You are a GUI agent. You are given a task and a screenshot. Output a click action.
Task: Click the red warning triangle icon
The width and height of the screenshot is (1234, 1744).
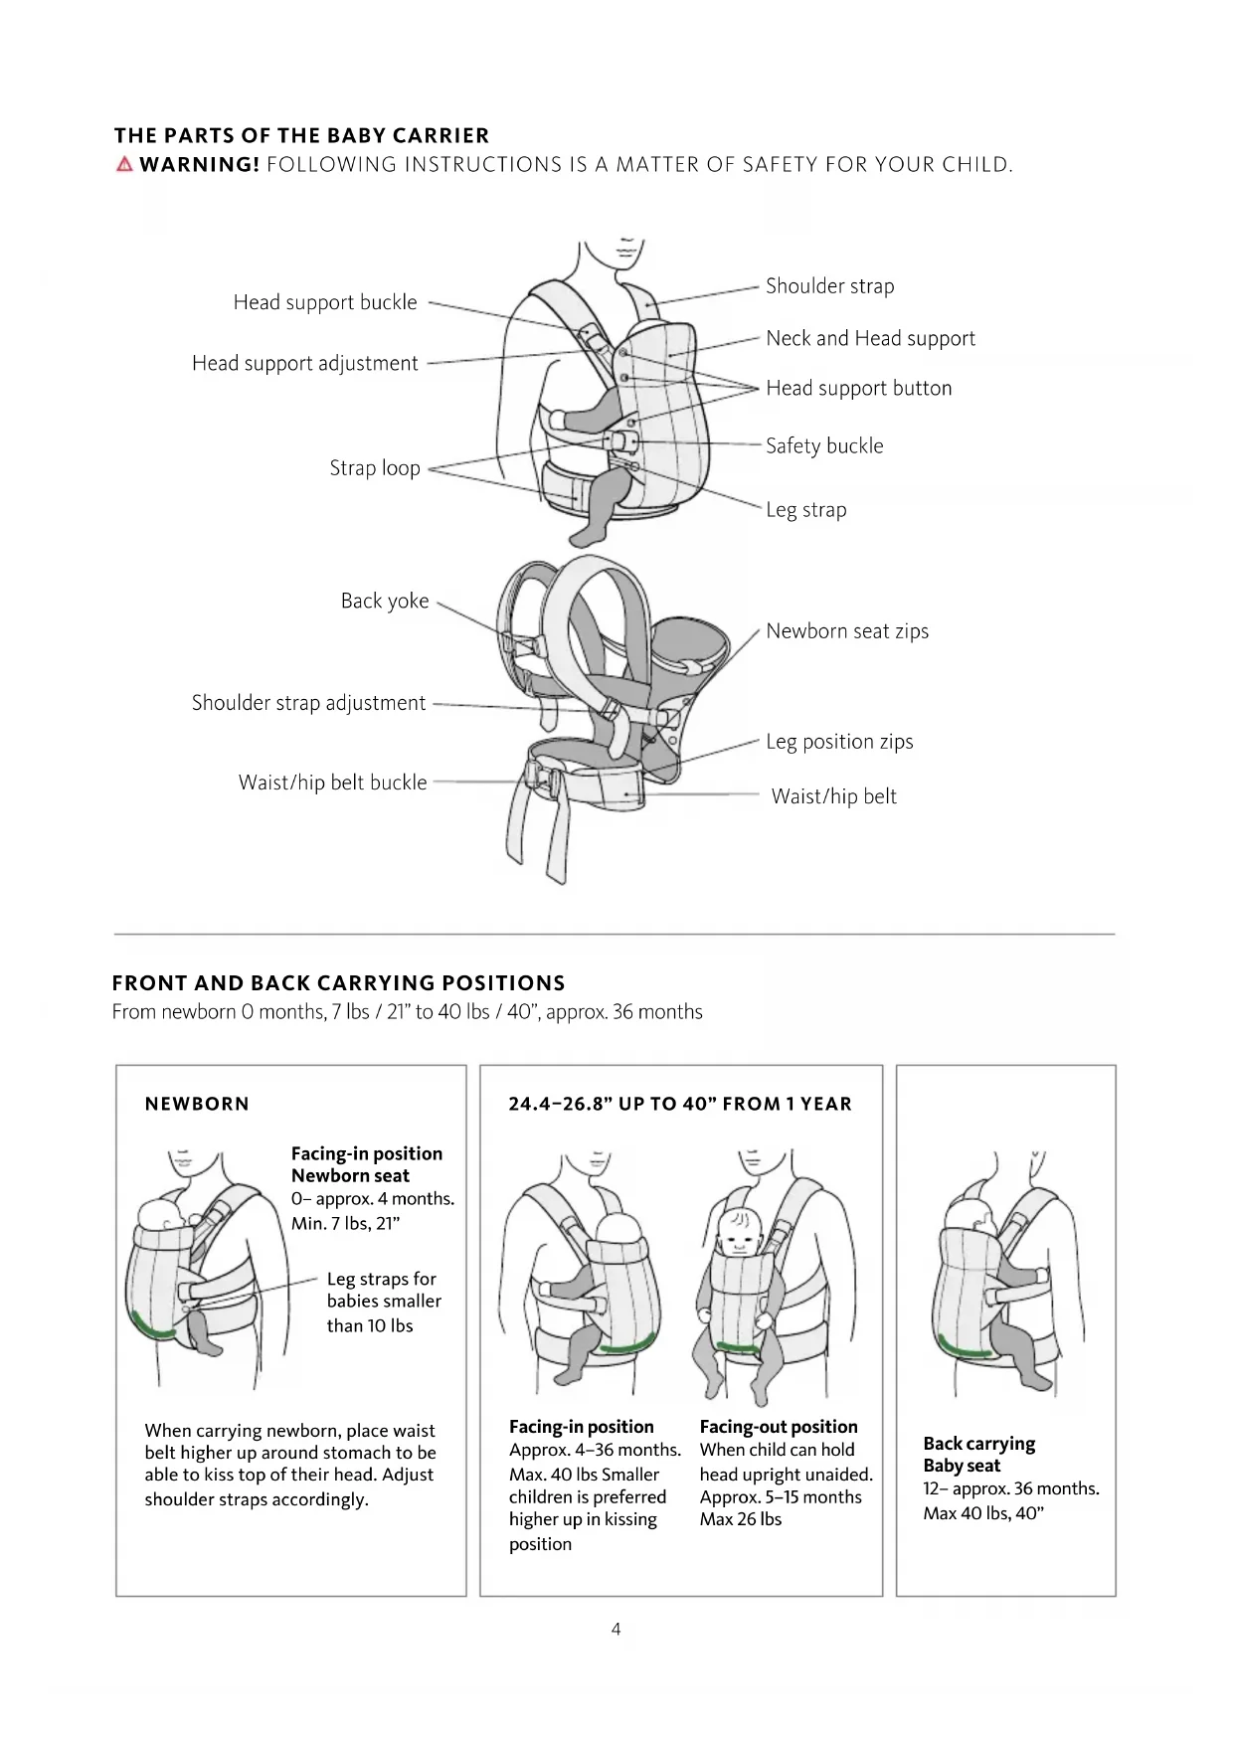tap(124, 164)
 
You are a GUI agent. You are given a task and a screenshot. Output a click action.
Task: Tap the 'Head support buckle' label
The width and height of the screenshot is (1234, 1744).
tap(325, 302)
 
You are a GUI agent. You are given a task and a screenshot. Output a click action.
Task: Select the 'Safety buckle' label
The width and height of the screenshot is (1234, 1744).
tap(824, 445)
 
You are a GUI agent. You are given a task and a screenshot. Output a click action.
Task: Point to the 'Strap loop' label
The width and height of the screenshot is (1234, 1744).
tap(375, 467)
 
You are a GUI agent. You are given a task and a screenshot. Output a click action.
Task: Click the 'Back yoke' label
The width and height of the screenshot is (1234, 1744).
tap(385, 601)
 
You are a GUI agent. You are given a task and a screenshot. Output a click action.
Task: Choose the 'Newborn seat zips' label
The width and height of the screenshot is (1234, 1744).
tap(847, 630)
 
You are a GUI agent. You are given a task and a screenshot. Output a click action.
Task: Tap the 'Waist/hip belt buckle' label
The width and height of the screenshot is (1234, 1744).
tap(332, 783)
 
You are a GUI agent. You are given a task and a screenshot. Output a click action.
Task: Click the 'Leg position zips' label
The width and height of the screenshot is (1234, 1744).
tap(839, 742)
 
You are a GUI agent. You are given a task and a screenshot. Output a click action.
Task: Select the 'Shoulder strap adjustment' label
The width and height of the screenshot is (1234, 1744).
tap(308, 703)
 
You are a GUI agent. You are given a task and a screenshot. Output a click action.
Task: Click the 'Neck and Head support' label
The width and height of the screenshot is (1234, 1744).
tap(870, 338)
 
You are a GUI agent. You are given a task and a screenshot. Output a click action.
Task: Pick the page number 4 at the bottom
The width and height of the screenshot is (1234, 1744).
tap(617, 1629)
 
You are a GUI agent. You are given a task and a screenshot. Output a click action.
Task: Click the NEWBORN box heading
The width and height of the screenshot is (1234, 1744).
tap(197, 1104)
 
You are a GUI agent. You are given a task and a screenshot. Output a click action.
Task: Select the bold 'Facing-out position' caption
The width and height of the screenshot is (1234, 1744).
tap(779, 1427)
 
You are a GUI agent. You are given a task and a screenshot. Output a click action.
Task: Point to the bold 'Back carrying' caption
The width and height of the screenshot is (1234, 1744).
tap(978, 1444)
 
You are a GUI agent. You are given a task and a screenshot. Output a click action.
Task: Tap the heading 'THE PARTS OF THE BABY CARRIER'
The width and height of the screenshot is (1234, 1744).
tap(301, 135)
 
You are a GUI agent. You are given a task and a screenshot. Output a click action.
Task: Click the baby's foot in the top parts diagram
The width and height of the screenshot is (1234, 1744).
tap(584, 537)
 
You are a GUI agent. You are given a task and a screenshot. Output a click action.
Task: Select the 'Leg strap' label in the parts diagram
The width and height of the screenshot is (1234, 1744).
tap(806, 510)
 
